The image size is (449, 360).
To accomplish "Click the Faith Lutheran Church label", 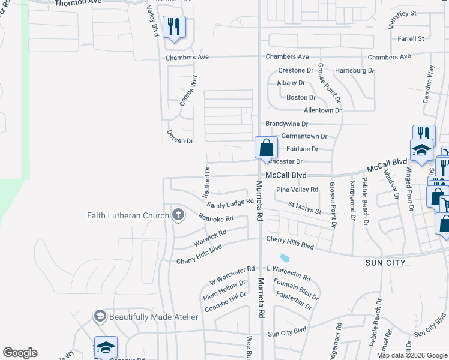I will click(128, 215).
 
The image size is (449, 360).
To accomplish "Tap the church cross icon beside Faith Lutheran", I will click(178, 215).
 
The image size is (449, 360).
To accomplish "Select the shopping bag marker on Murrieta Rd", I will click(266, 148).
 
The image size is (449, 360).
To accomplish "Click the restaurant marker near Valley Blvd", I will click(174, 26).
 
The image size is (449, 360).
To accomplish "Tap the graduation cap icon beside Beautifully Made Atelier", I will click(100, 316).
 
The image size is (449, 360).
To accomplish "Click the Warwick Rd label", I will click(209, 238).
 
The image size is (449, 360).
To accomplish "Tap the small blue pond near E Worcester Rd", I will click(285, 258).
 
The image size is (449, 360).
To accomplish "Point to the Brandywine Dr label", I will click(287, 124).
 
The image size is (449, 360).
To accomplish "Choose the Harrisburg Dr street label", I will click(354, 70).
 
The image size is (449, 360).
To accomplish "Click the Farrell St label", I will click(411, 38).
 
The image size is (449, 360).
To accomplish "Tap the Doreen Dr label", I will click(180, 141).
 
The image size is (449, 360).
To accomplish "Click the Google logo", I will click(20, 353).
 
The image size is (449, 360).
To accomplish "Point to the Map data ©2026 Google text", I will click(411, 355).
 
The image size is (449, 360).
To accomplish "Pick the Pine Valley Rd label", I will click(297, 190).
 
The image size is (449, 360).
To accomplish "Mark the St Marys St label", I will click(304, 208).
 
